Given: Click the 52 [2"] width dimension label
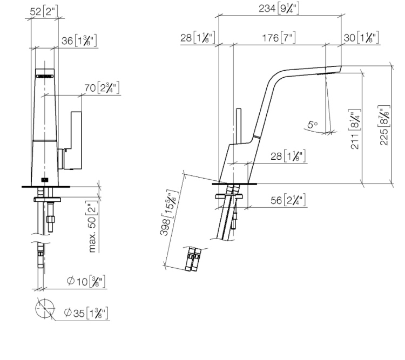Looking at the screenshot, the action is click(x=44, y=11).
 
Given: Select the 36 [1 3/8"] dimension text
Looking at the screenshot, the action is click(x=79, y=40).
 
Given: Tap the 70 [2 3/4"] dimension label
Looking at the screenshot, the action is click(x=102, y=88).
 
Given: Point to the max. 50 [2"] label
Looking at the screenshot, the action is click(x=92, y=227).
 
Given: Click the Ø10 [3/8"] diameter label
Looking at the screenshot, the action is click(x=86, y=281).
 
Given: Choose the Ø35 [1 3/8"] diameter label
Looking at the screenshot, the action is click(x=86, y=313).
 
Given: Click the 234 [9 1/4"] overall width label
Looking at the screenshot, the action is click(x=279, y=9).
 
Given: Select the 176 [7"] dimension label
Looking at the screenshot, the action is click(x=279, y=38).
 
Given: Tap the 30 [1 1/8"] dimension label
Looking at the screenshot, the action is click(x=361, y=38).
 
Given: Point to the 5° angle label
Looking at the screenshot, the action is click(x=313, y=125).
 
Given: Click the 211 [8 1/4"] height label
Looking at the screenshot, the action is click(x=355, y=129).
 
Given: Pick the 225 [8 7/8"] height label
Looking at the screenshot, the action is click(x=384, y=125).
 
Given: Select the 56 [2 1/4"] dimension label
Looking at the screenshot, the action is click(x=288, y=200).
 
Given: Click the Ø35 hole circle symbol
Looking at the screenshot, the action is click(x=45, y=308).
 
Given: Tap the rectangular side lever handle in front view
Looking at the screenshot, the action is click(x=76, y=140).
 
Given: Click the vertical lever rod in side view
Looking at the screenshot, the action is click(x=239, y=126).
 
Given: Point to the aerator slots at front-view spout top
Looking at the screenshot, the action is click(x=45, y=76).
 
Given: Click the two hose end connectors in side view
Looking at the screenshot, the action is click(x=193, y=259).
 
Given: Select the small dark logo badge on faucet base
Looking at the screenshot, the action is click(x=45, y=180).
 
